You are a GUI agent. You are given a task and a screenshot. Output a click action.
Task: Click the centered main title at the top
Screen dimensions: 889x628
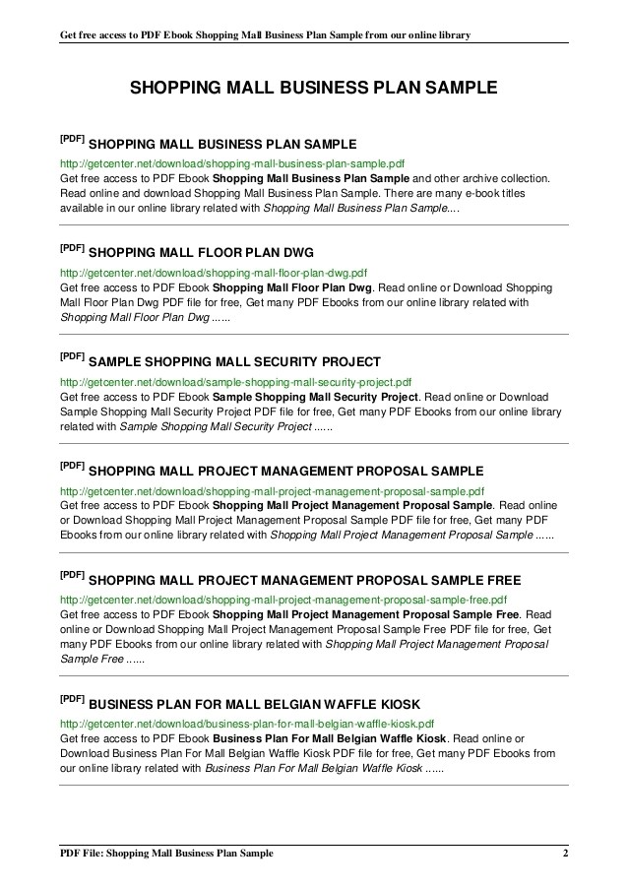click(x=314, y=89)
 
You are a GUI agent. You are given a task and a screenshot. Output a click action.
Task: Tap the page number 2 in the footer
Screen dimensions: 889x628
click(x=565, y=853)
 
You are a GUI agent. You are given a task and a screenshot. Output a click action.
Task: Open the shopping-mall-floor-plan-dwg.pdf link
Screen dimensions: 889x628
click(x=214, y=273)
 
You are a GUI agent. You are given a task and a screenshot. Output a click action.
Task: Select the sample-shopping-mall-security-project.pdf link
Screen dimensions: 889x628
click(x=235, y=382)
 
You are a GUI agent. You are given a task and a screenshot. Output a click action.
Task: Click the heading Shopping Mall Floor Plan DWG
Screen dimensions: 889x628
click(x=208, y=253)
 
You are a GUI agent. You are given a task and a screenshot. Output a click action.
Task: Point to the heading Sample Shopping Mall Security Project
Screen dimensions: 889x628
click(x=234, y=362)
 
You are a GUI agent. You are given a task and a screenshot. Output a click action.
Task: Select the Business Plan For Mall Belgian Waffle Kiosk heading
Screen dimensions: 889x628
click(x=254, y=705)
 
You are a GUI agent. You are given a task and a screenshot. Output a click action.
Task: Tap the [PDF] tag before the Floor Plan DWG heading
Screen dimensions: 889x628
click(x=72, y=247)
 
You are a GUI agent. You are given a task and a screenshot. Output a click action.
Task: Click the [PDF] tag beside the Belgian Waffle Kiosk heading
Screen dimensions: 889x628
click(x=72, y=699)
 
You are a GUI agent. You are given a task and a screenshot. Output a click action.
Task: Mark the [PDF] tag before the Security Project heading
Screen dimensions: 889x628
click(x=72, y=356)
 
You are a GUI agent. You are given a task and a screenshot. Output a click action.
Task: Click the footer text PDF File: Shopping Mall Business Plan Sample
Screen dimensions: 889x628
click(x=165, y=853)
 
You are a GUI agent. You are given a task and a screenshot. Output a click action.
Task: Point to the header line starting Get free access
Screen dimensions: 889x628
click(x=264, y=35)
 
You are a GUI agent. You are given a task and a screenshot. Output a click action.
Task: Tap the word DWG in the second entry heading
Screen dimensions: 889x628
click(x=297, y=253)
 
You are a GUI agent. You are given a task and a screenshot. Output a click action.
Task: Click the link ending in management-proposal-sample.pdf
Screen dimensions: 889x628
click(x=272, y=490)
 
